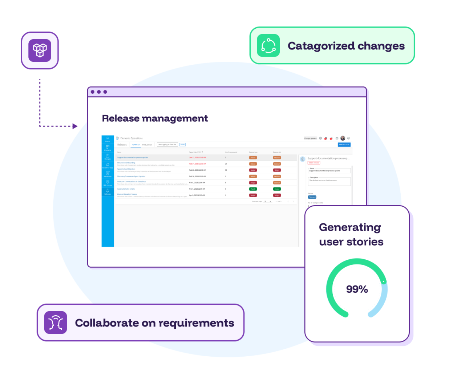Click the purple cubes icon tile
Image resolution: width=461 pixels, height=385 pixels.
[40, 50]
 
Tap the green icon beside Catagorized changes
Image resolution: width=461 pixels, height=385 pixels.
[268, 46]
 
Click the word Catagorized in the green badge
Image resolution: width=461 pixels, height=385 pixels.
[321, 46]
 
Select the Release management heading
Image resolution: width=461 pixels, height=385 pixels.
[155, 118]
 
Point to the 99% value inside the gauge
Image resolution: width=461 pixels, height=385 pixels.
[357, 289]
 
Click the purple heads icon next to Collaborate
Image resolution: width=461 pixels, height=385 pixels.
[56, 323]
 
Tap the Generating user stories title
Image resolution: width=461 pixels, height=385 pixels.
[351, 234]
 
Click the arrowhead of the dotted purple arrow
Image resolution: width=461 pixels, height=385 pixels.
[75, 126]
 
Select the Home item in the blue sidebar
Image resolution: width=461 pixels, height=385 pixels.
[108, 139]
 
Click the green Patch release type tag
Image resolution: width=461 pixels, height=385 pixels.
[253, 189]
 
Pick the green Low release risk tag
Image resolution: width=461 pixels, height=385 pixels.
[277, 189]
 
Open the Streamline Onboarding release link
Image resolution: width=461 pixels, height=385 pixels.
[126, 163]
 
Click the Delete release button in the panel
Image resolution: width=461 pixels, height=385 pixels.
[314, 163]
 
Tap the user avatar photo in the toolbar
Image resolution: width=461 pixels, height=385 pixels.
[343, 138]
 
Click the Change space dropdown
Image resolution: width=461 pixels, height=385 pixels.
[310, 138]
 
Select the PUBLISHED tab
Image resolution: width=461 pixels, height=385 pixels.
[147, 145]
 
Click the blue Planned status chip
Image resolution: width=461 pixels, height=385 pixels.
[312, 197]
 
